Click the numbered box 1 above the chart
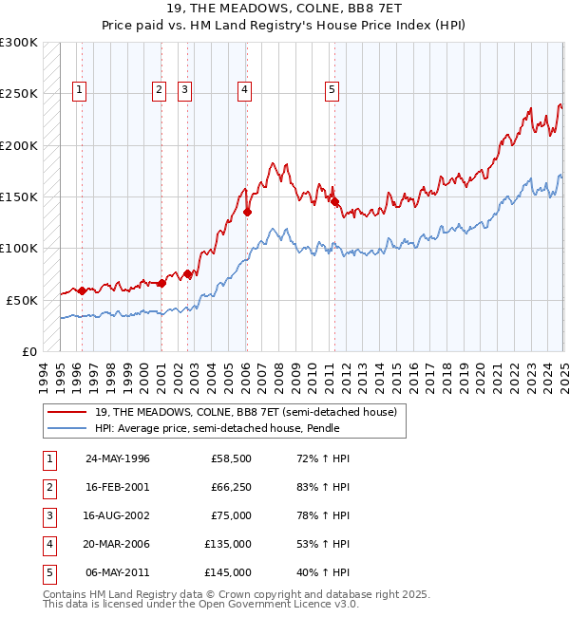[x=78, y=90]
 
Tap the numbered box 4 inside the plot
[x=244, y=90]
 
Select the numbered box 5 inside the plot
[x=332, y=90]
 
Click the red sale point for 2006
[x=247, y=213]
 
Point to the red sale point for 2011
[x=334, y=201]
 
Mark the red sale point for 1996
[x=82, y=290]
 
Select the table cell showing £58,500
[x=231, y=458]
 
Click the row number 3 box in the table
[x=47, y=515]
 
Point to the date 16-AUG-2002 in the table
[x=118, y=515]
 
